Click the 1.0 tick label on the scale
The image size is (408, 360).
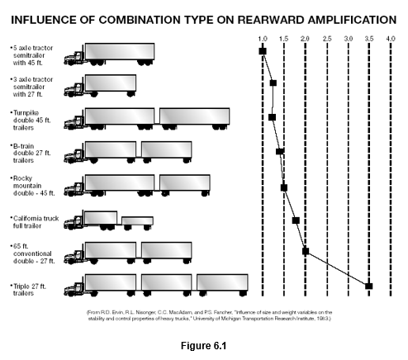point(263,38)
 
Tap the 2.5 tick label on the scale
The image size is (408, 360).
point(327,38)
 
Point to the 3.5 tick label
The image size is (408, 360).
point(369,38)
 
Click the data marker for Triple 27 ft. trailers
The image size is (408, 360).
point(369,286)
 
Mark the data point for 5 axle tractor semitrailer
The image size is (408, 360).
point(263,51)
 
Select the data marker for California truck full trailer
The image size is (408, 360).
point(296,220)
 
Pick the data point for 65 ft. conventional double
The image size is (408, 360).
point(306,252)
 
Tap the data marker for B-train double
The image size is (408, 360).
point(280,151)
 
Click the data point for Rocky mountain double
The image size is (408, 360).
point(284,187)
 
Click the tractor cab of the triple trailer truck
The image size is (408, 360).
point(77,287)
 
